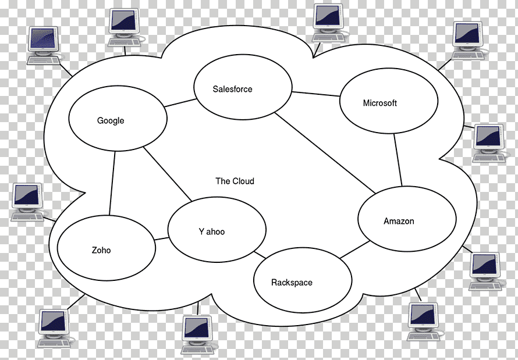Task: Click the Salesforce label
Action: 232,89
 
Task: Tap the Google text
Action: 111,121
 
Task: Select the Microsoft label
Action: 380,103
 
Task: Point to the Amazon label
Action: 399,221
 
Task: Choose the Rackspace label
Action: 292,283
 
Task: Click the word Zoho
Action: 101,250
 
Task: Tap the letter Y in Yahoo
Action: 201,231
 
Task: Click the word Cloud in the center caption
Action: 243,181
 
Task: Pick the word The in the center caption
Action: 223,181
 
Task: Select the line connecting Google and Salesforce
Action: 180,103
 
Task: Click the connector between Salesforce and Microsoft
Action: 316,94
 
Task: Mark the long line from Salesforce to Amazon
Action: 325,153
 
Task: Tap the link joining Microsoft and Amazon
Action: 398,160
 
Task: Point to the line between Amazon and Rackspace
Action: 355,249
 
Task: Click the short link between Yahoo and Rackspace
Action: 260,255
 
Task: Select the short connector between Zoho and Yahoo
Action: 162,238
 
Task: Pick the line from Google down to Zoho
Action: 112,183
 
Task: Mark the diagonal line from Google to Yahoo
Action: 167,174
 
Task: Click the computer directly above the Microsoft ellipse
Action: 467,40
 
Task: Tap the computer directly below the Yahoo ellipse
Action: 197,334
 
